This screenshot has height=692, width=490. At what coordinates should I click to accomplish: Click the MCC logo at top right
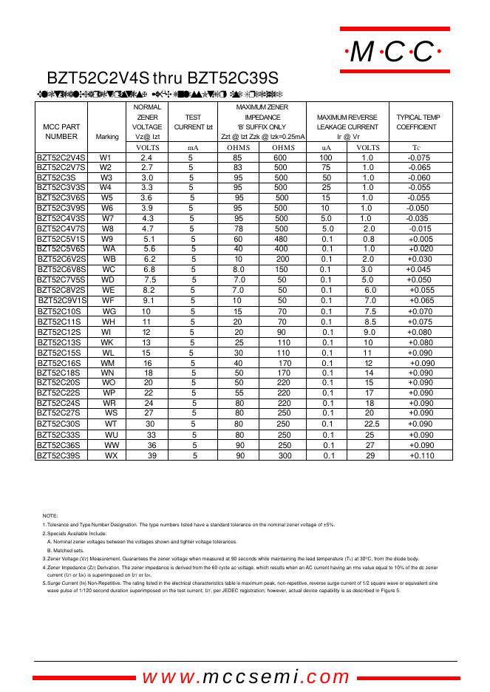[394, 52]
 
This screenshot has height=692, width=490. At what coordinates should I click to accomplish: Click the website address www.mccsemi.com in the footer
[245, 676]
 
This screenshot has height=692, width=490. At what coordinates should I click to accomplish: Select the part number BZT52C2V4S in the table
[62, 158]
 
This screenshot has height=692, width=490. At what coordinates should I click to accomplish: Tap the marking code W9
[108, 240]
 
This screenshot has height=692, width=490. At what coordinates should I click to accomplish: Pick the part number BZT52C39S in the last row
[58, 456]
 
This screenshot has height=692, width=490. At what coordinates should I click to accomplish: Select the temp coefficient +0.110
[421, 456]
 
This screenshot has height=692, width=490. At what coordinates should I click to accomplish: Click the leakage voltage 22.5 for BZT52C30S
[372, 424]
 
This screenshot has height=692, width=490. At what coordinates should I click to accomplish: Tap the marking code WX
[111, 456]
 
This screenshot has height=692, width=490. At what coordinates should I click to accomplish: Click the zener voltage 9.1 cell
[149, 301]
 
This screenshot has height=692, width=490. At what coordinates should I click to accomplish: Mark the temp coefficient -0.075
[418, 158]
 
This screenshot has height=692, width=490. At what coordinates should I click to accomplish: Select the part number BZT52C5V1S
[61, 240]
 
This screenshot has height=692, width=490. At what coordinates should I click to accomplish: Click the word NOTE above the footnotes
[50, 515]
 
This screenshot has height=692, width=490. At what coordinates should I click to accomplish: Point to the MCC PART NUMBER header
[61, 132]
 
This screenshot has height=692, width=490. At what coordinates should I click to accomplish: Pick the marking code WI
[108, 332]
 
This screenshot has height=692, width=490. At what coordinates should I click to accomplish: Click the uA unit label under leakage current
[326, 148]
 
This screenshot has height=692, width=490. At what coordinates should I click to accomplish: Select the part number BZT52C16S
[59, 363]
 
